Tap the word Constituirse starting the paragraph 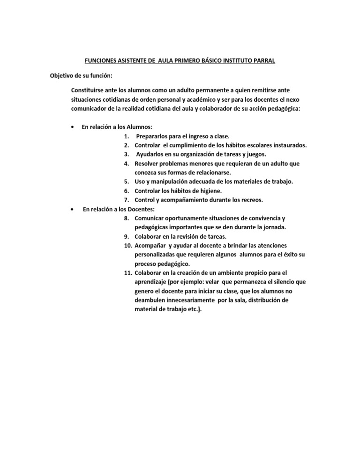[x=89, y=89]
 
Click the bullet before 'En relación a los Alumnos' [x=71, y=127]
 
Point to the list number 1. [x=127, y=136]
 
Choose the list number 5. [x=127, y=181]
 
